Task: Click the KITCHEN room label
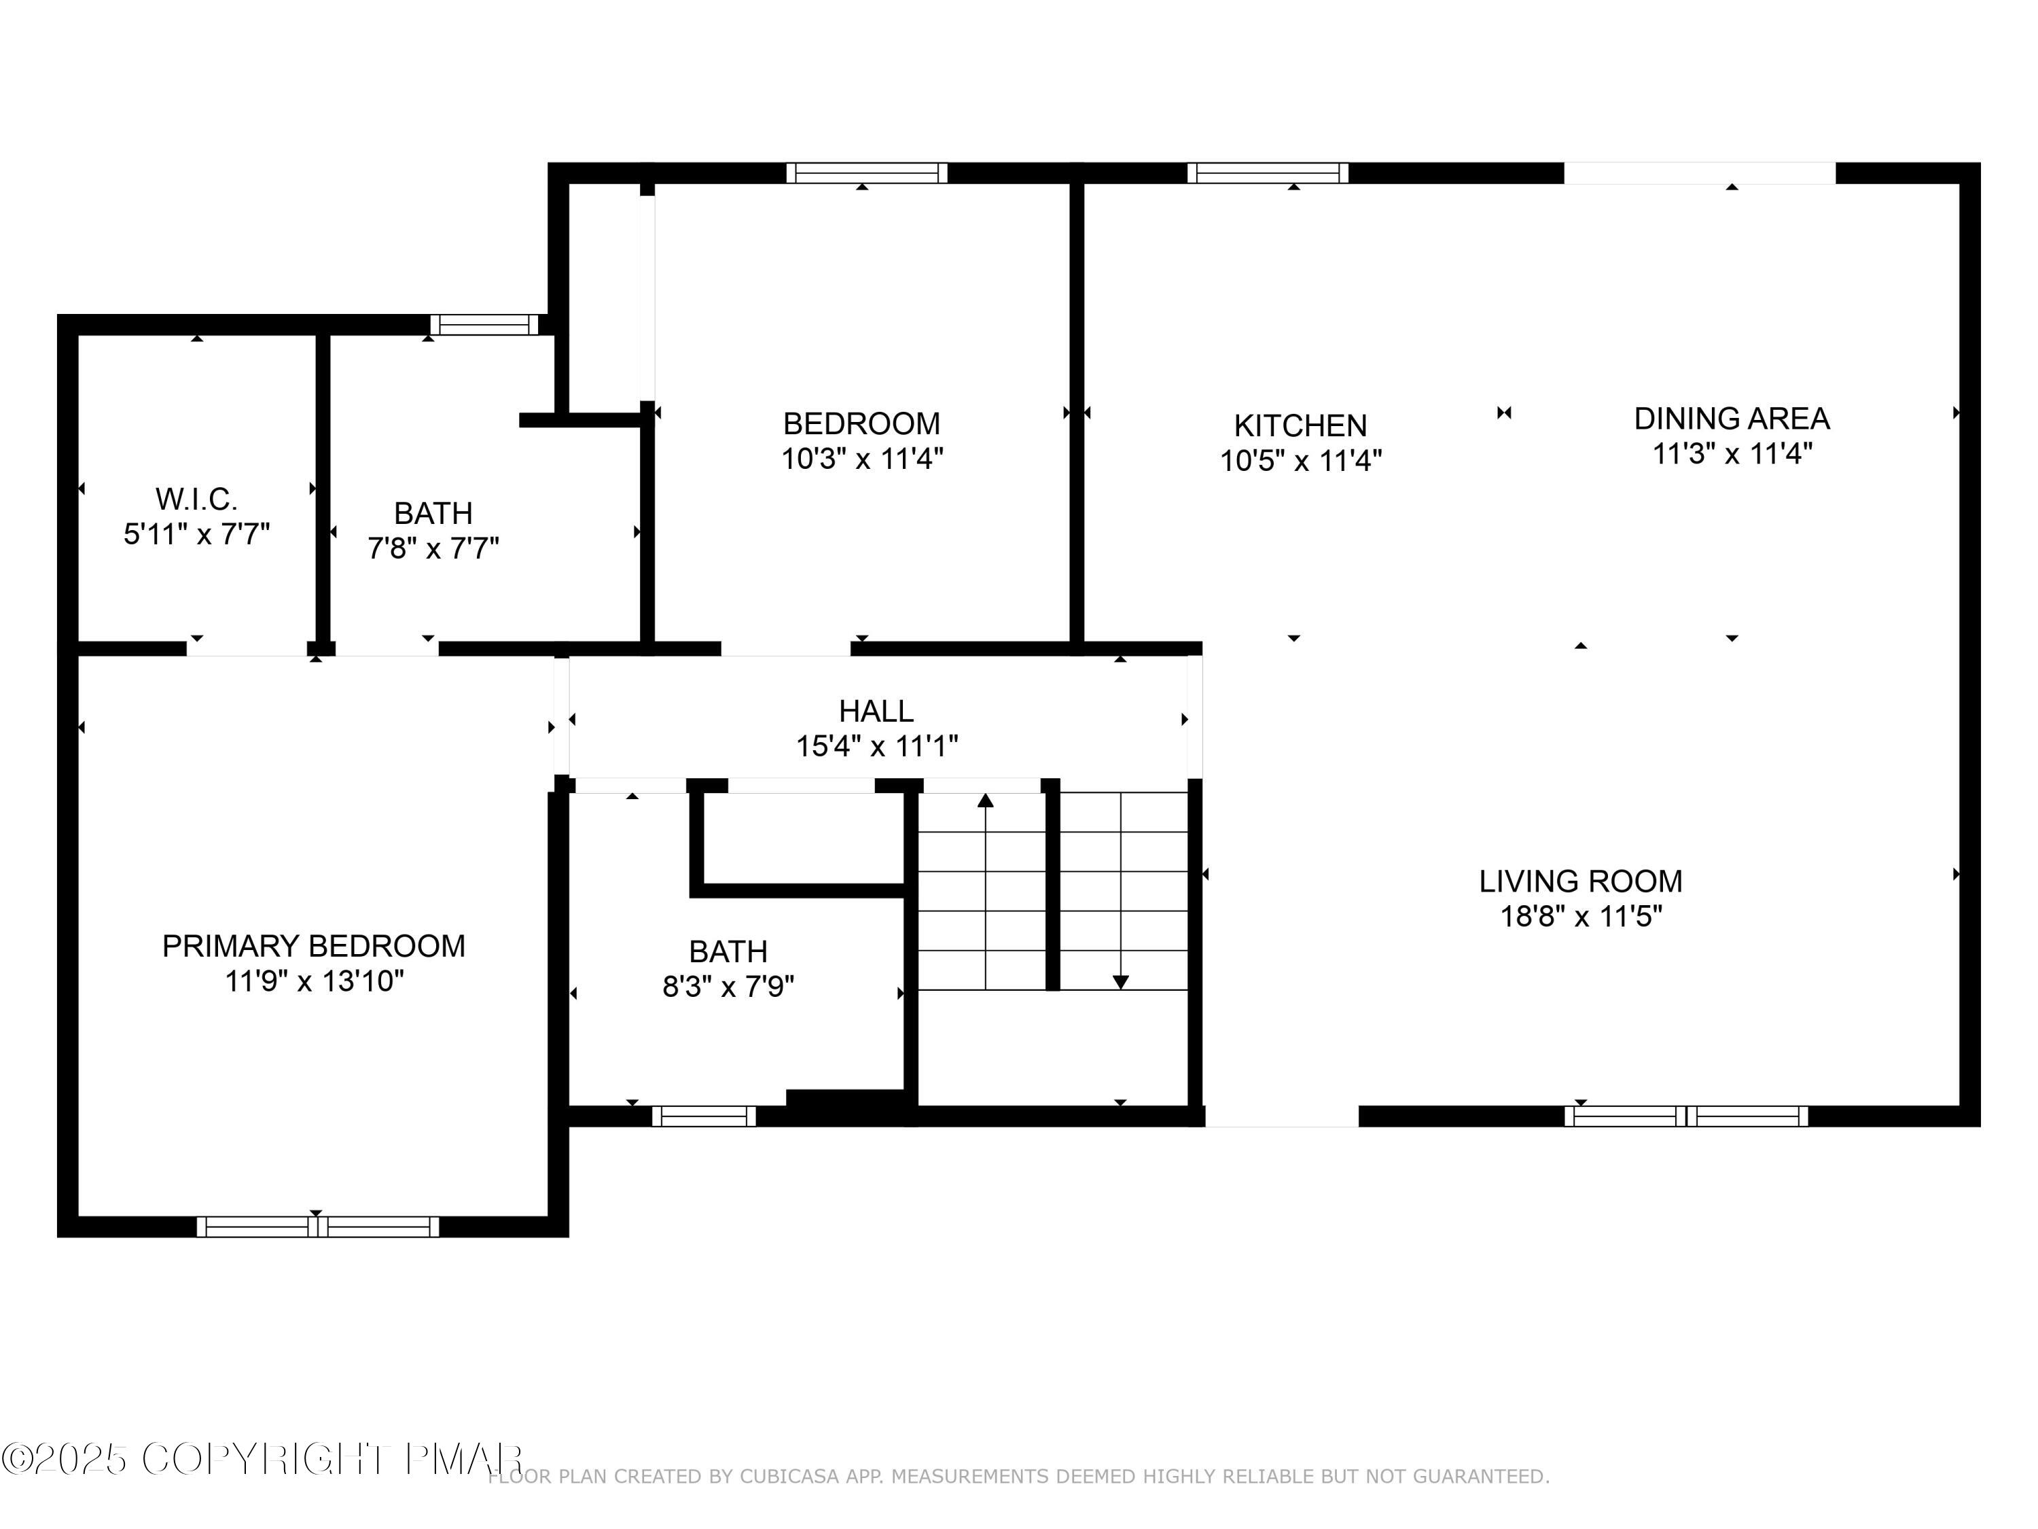1300,426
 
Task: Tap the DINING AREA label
1731,419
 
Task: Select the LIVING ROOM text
1580,881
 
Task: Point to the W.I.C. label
196,499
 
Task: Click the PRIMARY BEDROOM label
313,946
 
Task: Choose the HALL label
876,711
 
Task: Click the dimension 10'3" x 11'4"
861,458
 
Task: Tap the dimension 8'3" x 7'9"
728,987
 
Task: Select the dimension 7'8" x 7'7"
433,548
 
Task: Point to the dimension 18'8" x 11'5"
1580,916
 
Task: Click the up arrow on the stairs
985,800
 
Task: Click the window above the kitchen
1267,173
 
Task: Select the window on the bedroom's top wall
866,173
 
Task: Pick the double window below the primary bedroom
317,1226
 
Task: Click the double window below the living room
1685,1116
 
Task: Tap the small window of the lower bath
704,1116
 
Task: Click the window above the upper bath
484,324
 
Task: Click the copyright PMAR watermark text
263,1459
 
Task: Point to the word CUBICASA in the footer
789,1477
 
